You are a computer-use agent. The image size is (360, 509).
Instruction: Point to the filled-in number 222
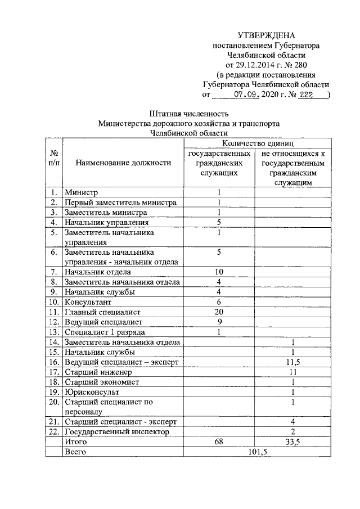point(307,94)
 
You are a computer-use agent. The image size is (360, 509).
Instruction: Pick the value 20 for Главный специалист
point(219,312)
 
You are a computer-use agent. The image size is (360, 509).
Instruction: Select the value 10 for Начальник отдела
point(219,272)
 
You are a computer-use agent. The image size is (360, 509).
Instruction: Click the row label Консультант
point(88,302)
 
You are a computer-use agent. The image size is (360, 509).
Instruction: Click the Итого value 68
point(219,442)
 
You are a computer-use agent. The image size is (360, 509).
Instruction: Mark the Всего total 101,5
point(256,452)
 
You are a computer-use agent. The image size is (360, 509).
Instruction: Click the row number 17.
point(54,372)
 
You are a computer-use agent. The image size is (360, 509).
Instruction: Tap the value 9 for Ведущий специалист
point(219,322)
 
